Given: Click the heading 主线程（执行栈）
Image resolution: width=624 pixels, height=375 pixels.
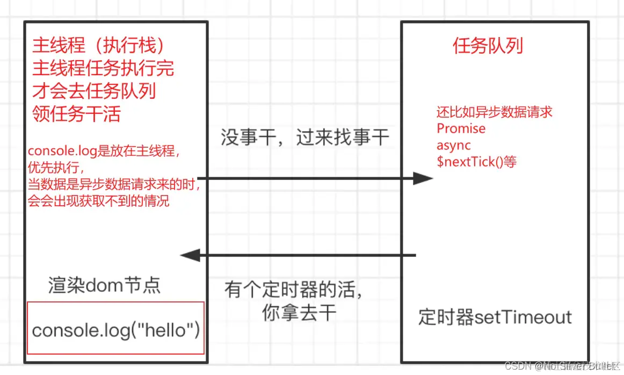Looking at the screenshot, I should click(98, 46).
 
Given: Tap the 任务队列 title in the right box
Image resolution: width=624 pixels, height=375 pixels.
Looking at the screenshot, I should click(488, 46).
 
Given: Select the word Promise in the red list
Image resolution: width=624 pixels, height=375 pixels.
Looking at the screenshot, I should click(461, 128).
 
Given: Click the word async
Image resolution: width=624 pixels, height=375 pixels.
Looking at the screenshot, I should click(454, 145).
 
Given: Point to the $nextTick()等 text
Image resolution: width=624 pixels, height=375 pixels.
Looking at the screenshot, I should click(476, 162).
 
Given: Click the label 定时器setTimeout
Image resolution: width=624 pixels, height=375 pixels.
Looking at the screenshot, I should click(495, 317).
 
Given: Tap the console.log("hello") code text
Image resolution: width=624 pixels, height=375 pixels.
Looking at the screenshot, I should click(115, 330).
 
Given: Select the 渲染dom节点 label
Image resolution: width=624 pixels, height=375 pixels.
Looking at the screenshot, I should click(104, 285).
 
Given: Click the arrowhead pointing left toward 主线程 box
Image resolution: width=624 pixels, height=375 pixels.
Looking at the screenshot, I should click(191, 256).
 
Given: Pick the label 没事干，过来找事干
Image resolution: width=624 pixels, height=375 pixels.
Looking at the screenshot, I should click(304, 138).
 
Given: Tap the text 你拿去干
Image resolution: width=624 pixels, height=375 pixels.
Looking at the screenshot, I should click(299, 313).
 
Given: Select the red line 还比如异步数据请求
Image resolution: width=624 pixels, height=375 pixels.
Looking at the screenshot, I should click(494, 112).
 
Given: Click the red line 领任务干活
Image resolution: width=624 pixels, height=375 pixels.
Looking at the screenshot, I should click(76, 114).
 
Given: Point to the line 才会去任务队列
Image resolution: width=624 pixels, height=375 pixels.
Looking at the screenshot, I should click(94, 91).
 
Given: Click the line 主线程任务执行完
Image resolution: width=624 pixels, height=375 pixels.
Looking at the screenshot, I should click(103, 69).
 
